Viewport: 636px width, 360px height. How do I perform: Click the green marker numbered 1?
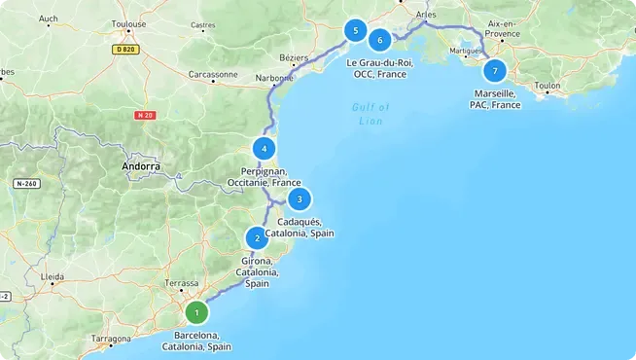[196, 312]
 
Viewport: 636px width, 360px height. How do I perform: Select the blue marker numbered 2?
[257, 237]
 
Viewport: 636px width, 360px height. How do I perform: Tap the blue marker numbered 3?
[300, 199]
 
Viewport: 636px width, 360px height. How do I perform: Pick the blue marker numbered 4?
[264, 149]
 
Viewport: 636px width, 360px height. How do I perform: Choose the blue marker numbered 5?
[356, 31]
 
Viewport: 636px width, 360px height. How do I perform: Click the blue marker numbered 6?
[380, 40]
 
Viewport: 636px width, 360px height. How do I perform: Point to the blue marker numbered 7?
[495, 71]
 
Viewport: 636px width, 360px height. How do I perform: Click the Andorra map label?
[141, 166]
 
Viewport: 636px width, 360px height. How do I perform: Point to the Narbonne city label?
[275, 78]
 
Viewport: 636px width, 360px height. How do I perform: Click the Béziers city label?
[293, 57]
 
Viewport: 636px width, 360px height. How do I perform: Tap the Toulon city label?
[548, 86]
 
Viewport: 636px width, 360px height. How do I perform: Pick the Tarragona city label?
[111, 339]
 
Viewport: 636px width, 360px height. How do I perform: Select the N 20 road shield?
[145, 115]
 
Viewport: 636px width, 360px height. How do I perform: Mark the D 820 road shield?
[125, 48]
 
